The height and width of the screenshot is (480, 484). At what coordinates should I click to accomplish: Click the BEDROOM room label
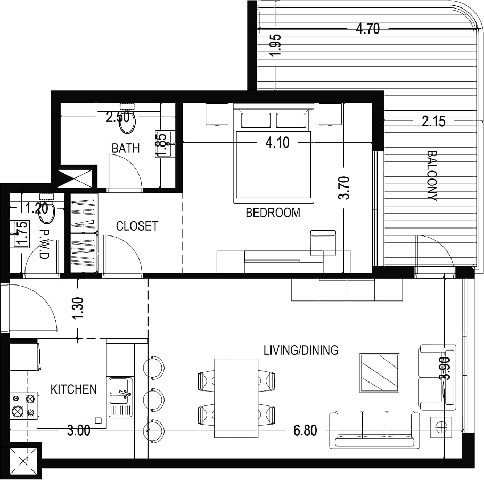tap(273, 213)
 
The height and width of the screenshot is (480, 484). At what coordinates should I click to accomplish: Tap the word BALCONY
tap(432, 175)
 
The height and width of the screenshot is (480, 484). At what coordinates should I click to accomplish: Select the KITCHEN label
tap(73, 389)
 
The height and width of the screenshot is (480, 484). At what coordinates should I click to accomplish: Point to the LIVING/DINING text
tap(301, 350)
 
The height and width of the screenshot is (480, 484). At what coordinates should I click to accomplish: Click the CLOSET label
tap(137, 226)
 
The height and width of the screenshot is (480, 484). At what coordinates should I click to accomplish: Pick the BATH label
tap(126, 148)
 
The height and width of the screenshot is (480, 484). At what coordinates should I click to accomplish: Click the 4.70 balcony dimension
tap(367, 29)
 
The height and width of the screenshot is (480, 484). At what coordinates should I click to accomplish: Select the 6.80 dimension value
tap(305, 430)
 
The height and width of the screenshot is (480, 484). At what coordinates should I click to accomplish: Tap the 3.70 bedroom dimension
tap(344, 188)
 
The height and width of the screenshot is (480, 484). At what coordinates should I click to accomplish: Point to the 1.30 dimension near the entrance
tap(79, 308)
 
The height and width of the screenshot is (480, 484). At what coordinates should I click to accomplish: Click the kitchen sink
tap(120, 396)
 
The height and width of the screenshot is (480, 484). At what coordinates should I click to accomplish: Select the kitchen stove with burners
tap(23, 406)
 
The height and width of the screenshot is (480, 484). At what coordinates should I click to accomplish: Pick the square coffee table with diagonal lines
tap(379, 373)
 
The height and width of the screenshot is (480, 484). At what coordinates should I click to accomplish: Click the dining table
tap(236, 398)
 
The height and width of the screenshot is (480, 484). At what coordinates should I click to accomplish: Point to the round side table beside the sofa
tap(441, 427)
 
